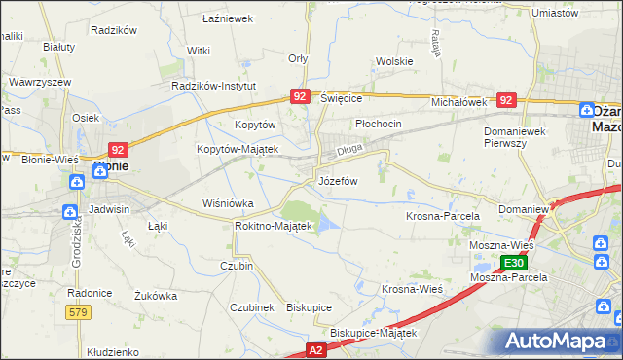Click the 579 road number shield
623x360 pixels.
(79, 311)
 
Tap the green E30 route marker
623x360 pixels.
(515, 263)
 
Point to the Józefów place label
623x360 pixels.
(339, 181)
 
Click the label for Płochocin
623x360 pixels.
(378, 125)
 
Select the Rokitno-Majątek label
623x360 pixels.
(273, 226)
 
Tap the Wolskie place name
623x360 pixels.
(394, 61)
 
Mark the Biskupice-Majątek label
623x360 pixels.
(373, 332)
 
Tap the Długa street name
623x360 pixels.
(349, 151)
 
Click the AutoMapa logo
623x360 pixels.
(555, 342)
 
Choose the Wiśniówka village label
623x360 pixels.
(227, 203)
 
